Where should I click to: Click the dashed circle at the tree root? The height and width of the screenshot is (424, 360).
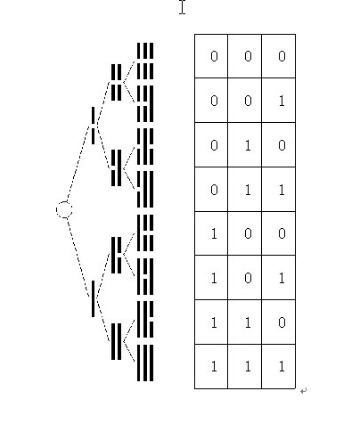click(64, 202)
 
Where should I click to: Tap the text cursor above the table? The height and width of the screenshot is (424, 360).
click(183, 7)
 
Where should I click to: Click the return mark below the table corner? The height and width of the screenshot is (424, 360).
click(303, 391)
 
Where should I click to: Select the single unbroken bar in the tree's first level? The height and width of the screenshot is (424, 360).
click(94, 298)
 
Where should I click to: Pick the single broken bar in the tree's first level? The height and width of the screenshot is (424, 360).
click(94, 126)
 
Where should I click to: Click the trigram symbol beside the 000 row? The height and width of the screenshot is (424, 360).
click(145, 61)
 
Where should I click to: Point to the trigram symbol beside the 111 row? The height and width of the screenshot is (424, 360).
click(145, 363)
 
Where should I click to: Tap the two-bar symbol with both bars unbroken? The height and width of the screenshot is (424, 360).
click(116, 341)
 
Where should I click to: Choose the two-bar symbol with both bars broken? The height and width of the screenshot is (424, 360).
click(116, 82)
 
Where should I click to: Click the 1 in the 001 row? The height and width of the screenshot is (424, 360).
click(282, 101)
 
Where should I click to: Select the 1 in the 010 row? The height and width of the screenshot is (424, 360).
click(248, 145)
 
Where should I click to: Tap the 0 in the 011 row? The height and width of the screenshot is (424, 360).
click(214, 190)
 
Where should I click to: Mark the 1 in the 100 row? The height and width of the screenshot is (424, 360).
click(214, 234)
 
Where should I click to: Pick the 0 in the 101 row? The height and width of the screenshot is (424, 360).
click(248, 278)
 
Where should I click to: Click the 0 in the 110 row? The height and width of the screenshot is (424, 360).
click(282, 322)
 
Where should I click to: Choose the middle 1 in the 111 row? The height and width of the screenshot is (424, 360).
click(248, 367)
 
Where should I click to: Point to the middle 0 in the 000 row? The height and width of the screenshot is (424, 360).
click(248, 56)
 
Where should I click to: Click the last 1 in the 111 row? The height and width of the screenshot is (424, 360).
click(282, 367)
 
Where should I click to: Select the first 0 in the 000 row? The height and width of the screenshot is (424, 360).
click(214, 56)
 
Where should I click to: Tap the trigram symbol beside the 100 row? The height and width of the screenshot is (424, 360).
click(145, 233)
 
